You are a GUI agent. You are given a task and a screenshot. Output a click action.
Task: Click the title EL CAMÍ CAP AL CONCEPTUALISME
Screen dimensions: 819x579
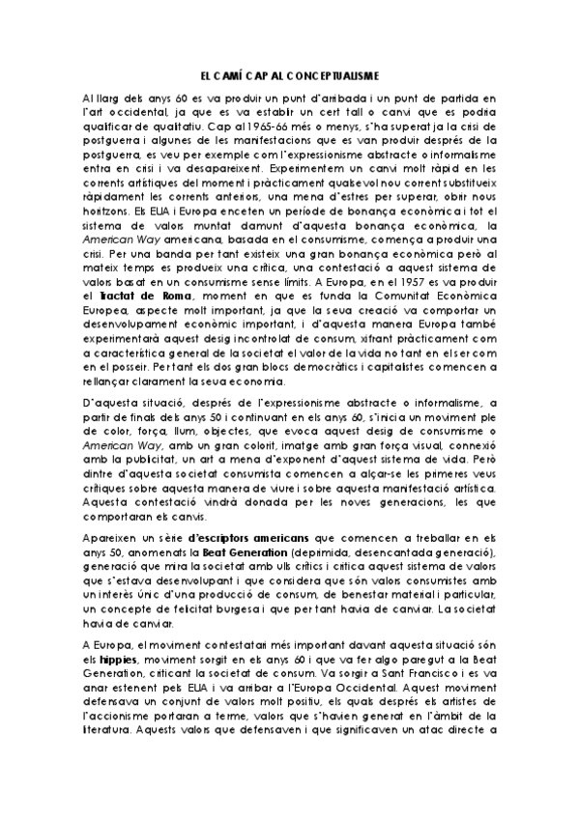290,73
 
